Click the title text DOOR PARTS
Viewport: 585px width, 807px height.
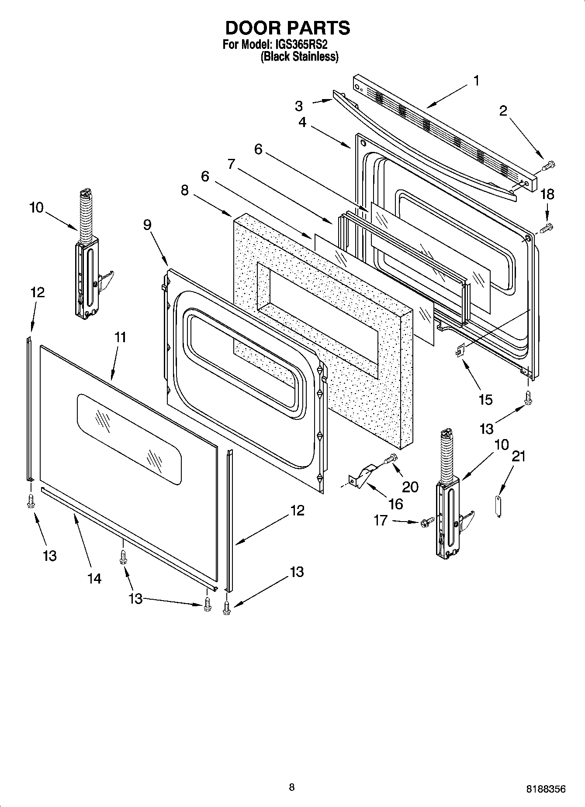click(x=287, y=28)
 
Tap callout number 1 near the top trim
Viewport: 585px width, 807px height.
click(x=477, y=81)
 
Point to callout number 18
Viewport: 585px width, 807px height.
click(x=547, y=194)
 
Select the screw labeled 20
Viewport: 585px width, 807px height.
click(x=391, y=459)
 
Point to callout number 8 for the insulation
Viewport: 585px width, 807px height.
click(x=185, y=190)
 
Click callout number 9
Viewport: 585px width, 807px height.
click(x=147, y=225)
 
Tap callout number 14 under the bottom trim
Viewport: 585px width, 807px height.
click(x=94, y=579)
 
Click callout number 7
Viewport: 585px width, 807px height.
click(x=231, y=165)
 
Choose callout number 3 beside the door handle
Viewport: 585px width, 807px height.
click(x=299, y=106)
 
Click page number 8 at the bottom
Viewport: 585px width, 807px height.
click(x=292, y=787)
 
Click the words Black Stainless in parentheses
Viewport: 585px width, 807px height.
click(x=299, y=57)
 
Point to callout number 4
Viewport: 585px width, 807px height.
click(x=302, y=123)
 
